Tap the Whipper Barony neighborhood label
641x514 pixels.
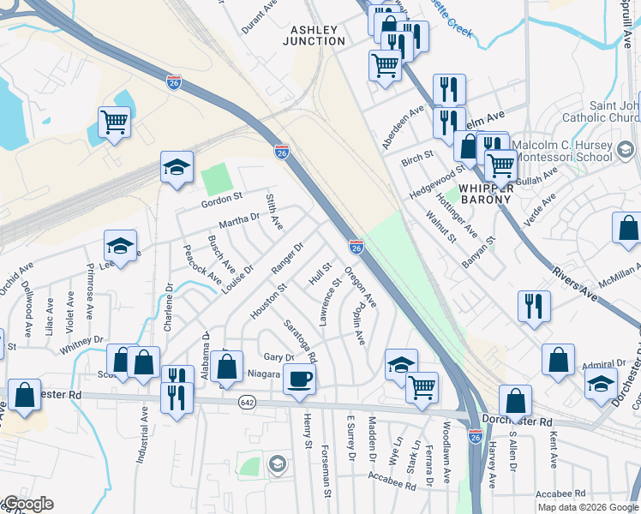(485, 193)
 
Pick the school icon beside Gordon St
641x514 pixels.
(177, 168)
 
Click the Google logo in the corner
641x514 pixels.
(27, 505)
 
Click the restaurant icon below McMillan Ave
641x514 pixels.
(534, 306)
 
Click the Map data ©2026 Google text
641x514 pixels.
(588, 507)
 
